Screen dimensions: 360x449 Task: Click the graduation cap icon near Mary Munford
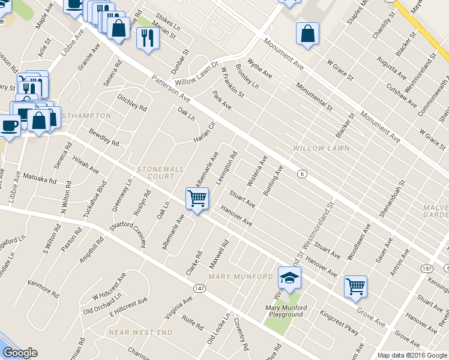tap(289, 278)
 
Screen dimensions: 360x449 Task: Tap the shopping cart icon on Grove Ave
tap(355, 286)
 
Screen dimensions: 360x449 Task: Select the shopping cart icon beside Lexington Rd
tap(197, 197)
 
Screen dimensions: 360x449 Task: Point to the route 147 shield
tap(200, 289)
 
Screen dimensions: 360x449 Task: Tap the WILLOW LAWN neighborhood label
tap(317, 148)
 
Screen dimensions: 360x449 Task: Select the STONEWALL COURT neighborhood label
tap(160, 173)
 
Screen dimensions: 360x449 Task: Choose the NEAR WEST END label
tap(140, 332)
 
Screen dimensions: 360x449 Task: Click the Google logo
tap(20, 353)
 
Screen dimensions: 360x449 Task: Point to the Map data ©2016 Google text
tap(412, 355)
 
